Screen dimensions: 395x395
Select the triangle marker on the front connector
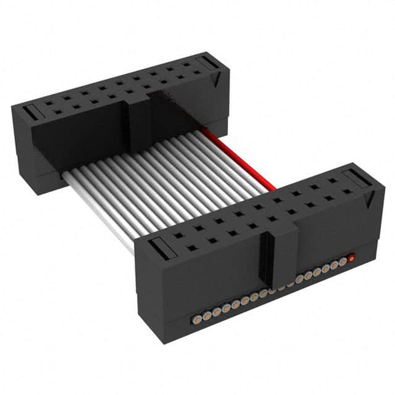pyautogui.click(x=370, y=199)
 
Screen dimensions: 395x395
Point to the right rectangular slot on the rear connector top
pyautogui.click(x=209, y=64)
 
